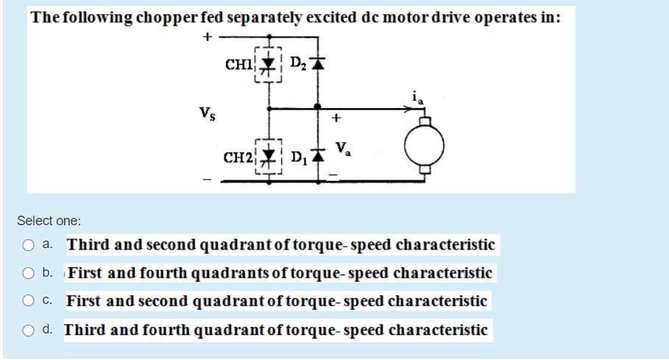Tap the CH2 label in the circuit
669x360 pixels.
click(x=238, y=157)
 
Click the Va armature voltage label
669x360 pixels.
click(x=342, y=149)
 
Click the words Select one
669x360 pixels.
click(x=49, y=220)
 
